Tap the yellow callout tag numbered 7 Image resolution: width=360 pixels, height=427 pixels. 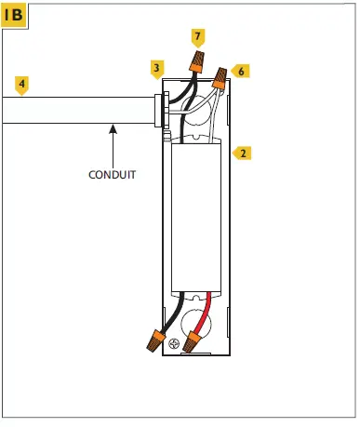coord(197,37)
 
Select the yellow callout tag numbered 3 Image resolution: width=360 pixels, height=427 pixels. coord(157,68)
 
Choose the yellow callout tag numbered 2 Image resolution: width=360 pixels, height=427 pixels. coord(242,152)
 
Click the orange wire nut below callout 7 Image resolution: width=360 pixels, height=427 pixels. coord(196,63)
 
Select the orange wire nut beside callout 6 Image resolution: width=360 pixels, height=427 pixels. coord(220,79)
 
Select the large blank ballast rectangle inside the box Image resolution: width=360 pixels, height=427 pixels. coord(197,219)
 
